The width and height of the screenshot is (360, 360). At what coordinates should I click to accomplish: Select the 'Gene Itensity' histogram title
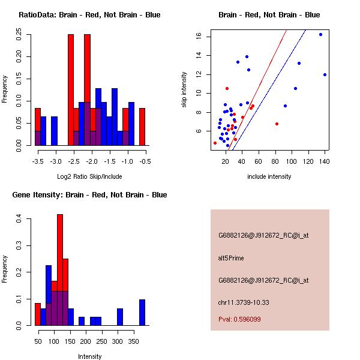click(88, 195)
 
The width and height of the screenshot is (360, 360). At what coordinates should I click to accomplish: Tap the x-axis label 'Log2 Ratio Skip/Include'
click(89, 176)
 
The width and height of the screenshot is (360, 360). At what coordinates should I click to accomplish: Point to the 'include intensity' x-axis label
click(269, 176)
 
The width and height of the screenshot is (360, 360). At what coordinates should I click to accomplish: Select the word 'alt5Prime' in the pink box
click(231, 259)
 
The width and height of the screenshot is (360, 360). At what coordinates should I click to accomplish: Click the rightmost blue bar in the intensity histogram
click(142, 312)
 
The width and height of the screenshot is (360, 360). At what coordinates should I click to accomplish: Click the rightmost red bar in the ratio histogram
click(142, 127)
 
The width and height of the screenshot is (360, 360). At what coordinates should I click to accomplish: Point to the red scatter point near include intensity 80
click(277, 124)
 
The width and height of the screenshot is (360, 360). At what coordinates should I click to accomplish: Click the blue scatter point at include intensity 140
click(325, 75)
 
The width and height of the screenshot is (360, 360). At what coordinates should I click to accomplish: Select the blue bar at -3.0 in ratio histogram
click(55, 131)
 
